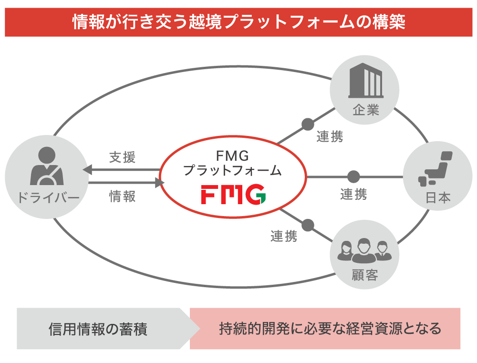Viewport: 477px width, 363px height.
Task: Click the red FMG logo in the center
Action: (x=233, y=194)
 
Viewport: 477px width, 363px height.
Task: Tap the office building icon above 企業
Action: (x=365, y=81)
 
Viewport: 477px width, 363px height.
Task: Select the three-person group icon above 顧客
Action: (x=364, y=250)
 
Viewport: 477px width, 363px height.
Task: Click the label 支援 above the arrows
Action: (x=122, y=157)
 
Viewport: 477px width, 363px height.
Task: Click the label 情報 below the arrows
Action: (x=122, y=196)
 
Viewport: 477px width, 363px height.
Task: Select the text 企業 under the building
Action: (x=365, y=111)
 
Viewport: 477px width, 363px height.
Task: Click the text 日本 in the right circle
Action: (x=438, y=197)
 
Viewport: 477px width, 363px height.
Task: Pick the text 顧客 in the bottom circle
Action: (x=364, y=275)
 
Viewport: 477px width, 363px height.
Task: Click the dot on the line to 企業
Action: (x=308, y=124)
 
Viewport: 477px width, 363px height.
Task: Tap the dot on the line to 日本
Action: (x=353, y=177)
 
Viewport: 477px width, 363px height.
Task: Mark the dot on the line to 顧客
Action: (x=308, y=224)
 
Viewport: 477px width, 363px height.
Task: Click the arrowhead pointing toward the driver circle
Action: (x=87, y=169)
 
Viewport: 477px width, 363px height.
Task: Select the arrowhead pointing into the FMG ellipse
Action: (x=159, y=182)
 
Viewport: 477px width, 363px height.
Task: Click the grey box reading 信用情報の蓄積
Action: (x=98, y=329)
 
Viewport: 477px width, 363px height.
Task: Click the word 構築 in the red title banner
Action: (x=389, y=22)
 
